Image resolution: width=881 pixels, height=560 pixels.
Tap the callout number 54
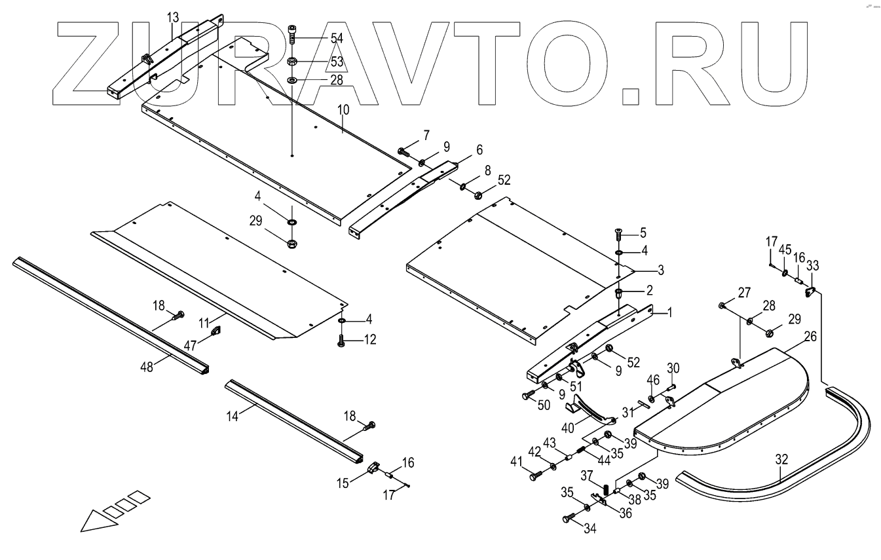[x=337, y=39]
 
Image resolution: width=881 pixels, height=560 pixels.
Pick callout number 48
[x=146, y=367]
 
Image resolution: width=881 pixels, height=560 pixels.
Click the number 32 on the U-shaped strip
[x=781, y=460]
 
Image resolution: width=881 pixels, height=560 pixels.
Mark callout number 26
[x=810, y=336]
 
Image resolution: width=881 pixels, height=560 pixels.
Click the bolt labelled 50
[x=528, y=396]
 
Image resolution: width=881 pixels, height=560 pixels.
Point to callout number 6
[x=479, y=149]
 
